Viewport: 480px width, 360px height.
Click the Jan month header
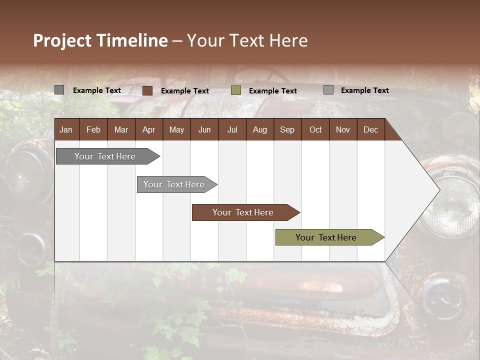tap(66, 129)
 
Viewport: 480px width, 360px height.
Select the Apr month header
tap(148, 129)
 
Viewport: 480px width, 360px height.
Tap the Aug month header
tap(259, 129)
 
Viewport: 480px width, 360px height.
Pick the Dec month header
tap(370, 129)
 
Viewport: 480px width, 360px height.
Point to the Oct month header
tap(315, 129)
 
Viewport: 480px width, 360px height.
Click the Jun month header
tap(204, 129)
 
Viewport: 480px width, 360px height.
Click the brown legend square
tap(147, 90)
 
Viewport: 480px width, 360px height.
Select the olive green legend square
tap(236, 90)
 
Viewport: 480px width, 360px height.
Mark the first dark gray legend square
tap(59, 90)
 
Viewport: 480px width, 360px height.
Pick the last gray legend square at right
tap(328, 90)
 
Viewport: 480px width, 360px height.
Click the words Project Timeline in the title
tap(100, 40)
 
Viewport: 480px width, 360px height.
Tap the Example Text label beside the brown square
tap(184, 91)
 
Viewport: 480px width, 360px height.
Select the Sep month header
tap(287, 129)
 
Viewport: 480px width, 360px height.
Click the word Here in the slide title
tap(288, 40)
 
